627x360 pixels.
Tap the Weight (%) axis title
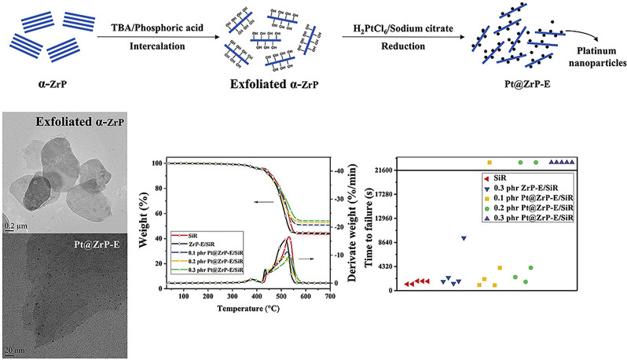pyautogui.click(x=154, y=223)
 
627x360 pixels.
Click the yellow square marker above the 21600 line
pyautogui.click(x=489, y=162)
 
